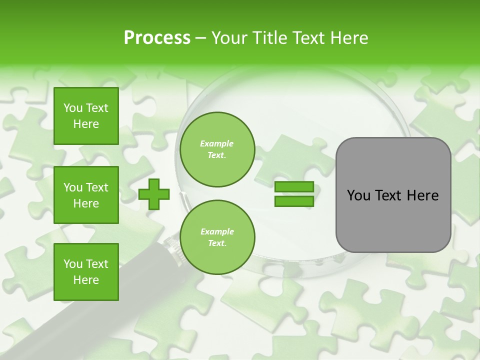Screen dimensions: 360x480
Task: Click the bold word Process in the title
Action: click(x=157, y=38)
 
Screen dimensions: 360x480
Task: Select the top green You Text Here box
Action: click(x=86, y=116)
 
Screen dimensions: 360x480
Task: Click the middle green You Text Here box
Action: click(x=86, y=195)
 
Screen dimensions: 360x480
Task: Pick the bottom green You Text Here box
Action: click(x=86, y=272)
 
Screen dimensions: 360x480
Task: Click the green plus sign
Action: click(x=154, y=194)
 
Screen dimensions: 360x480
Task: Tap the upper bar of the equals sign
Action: click(x=294, y=187)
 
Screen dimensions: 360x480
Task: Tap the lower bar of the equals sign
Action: click(x=294, y=201)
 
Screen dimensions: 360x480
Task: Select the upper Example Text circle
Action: click(x=217, y=149)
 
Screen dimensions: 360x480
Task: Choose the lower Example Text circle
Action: click(x=217, y=237)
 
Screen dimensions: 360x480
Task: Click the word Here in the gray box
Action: click(x=422, y=195)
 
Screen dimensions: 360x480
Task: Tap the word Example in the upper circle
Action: click(x=217, y=143)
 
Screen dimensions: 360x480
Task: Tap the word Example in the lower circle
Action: click(x=217, y=231)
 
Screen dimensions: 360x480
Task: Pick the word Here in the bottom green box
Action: click(x=86, y=280)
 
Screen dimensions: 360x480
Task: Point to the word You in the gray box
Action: click(x=358, y=195)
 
